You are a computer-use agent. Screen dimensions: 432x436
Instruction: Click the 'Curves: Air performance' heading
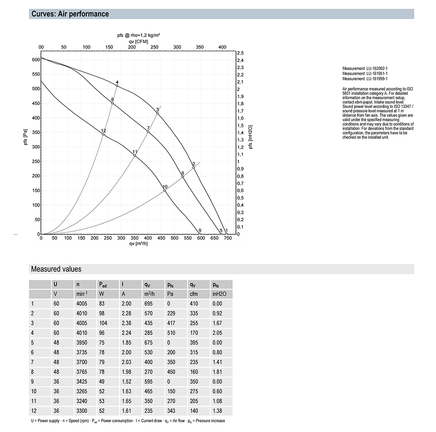click(x=70, y=14)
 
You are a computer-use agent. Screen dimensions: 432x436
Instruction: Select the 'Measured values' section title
click(x=56, y=269)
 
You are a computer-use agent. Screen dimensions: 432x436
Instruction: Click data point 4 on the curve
click(x=117, y=86)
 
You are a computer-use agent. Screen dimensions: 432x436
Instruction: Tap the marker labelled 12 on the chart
click(x=103, y=134)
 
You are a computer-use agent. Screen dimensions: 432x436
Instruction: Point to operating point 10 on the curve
click(x=165, y=190)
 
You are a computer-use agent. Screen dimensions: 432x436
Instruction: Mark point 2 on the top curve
click(x=194, y=167)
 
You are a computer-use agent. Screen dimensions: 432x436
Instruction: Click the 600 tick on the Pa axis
click(x=35, y=60)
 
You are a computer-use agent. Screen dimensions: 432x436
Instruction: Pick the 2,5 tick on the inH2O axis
click(x=240, y=53)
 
